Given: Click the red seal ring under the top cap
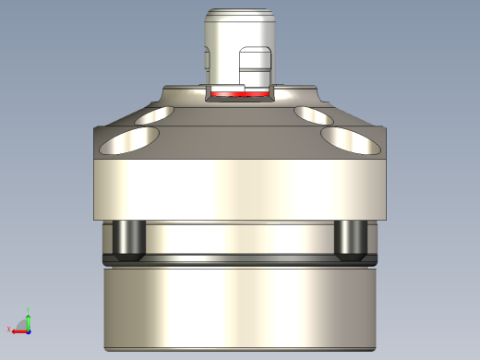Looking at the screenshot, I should [239, 93].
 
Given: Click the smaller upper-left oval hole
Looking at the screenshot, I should [153, 115].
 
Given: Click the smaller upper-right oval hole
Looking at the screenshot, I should [315, 114].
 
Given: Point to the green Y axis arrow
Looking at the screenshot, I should [28, 318].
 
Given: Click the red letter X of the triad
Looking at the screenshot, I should [9, 330].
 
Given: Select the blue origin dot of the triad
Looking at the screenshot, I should [29, 330].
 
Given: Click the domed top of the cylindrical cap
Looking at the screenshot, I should [238, 16].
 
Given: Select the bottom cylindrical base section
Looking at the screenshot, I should [239, 309].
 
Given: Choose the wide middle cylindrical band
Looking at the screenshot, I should [239, 189].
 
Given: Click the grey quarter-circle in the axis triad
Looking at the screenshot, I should [24, 326].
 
